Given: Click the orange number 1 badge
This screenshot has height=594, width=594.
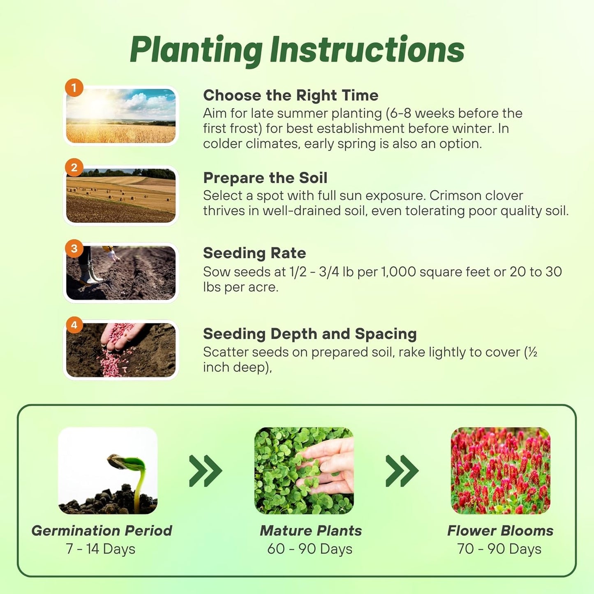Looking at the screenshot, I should [74, 88].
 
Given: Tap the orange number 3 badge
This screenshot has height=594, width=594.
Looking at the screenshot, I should [74, 249].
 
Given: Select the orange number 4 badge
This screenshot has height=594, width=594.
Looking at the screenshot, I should [74, 325].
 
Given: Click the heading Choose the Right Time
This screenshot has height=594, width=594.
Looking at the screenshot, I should [290, 95].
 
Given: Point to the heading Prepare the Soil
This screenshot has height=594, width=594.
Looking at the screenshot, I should [265, 178].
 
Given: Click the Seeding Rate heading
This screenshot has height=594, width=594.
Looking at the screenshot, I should [254, 253].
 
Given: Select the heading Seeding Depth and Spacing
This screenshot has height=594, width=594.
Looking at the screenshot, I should [310, 334].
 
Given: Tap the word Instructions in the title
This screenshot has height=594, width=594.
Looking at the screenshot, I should [367, 50].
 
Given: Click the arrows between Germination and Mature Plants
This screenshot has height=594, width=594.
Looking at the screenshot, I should [206, 471].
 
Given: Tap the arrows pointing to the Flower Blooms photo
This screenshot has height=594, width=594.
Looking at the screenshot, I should [402, 471].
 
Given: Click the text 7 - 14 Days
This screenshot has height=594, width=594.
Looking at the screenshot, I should [101, 549].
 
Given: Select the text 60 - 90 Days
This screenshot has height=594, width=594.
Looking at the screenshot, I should [310, 549].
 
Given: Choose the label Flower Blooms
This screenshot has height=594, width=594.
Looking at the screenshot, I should [500, 531].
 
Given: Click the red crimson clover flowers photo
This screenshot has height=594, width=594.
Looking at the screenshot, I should [500, 471].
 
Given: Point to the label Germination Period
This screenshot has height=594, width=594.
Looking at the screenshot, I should [102, 531].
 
